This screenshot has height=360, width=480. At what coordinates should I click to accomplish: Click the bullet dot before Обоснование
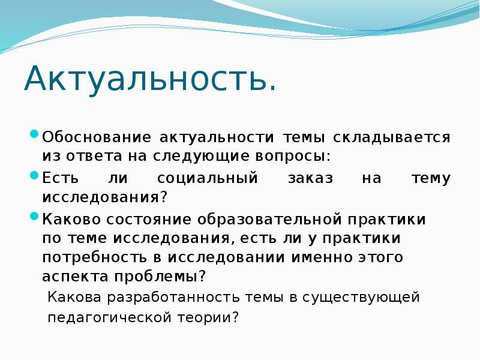tap(35, 134)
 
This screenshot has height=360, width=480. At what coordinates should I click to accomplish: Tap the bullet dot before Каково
tap(35, 217)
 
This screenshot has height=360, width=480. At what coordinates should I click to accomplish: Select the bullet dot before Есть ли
tap(35, 175)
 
